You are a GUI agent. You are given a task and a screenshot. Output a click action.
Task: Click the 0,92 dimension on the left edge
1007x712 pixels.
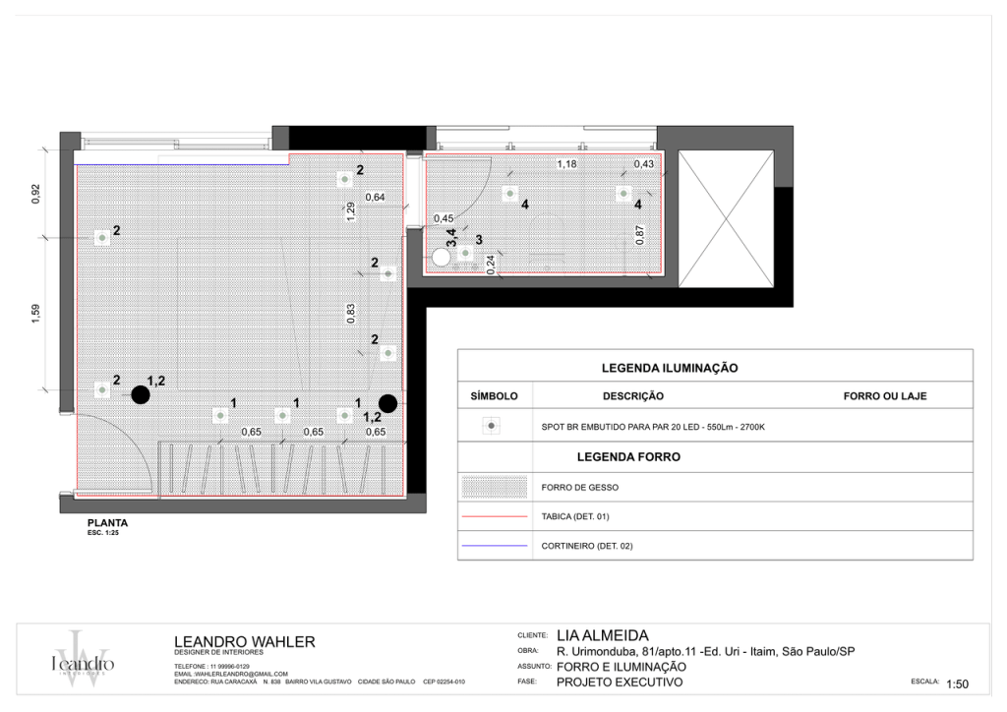pos(35,194)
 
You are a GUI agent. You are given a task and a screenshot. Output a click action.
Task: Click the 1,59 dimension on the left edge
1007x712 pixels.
pos(35,313)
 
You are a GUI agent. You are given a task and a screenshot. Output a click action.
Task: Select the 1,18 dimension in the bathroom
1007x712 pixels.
pos(566,163)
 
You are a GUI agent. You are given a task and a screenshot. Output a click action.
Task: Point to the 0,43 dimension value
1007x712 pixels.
pos(643,163)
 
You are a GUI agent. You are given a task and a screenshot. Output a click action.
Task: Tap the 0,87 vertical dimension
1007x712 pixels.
pos(640,234)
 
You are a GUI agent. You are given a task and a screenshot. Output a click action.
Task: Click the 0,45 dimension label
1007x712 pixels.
pos(444,218)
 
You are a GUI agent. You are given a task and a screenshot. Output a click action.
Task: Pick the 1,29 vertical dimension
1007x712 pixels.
pos(351,212)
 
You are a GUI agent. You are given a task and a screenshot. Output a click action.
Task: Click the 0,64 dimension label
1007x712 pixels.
pos(375,198)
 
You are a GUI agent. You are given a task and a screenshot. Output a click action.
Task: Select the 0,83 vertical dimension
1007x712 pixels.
pos(351,313)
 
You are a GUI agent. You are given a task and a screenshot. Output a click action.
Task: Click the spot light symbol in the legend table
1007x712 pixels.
pos(494,426)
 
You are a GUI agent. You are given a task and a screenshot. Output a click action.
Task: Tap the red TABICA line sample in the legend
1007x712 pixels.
pos(494,515)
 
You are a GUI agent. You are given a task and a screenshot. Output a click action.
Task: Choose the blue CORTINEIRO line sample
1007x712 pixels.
pos(494,545)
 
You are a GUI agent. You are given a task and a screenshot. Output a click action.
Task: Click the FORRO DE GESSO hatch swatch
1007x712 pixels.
pos(494,487)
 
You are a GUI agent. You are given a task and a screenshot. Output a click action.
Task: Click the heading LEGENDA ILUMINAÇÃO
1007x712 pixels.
pos(670,368)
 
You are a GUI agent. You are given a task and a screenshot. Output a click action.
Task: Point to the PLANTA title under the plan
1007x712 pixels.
pos(108,523)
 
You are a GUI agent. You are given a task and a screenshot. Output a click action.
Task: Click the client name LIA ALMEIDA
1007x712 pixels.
pos(602,635)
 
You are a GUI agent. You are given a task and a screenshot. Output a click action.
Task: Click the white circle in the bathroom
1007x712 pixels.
pos(441,257)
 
